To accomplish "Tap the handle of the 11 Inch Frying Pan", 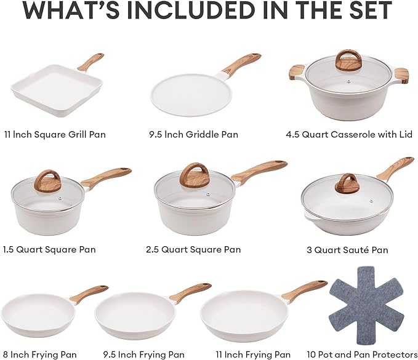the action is pos(305,290).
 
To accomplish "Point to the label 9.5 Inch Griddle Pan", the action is pos(193,134).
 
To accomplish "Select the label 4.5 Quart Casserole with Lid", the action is pos(349,134).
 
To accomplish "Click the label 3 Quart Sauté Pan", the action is pos(347,250).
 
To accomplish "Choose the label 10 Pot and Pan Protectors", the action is pos(362,354).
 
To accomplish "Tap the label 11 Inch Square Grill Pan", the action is pos(55,134).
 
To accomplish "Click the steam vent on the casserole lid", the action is pos(348,80).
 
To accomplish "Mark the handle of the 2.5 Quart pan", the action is pos(259,170).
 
